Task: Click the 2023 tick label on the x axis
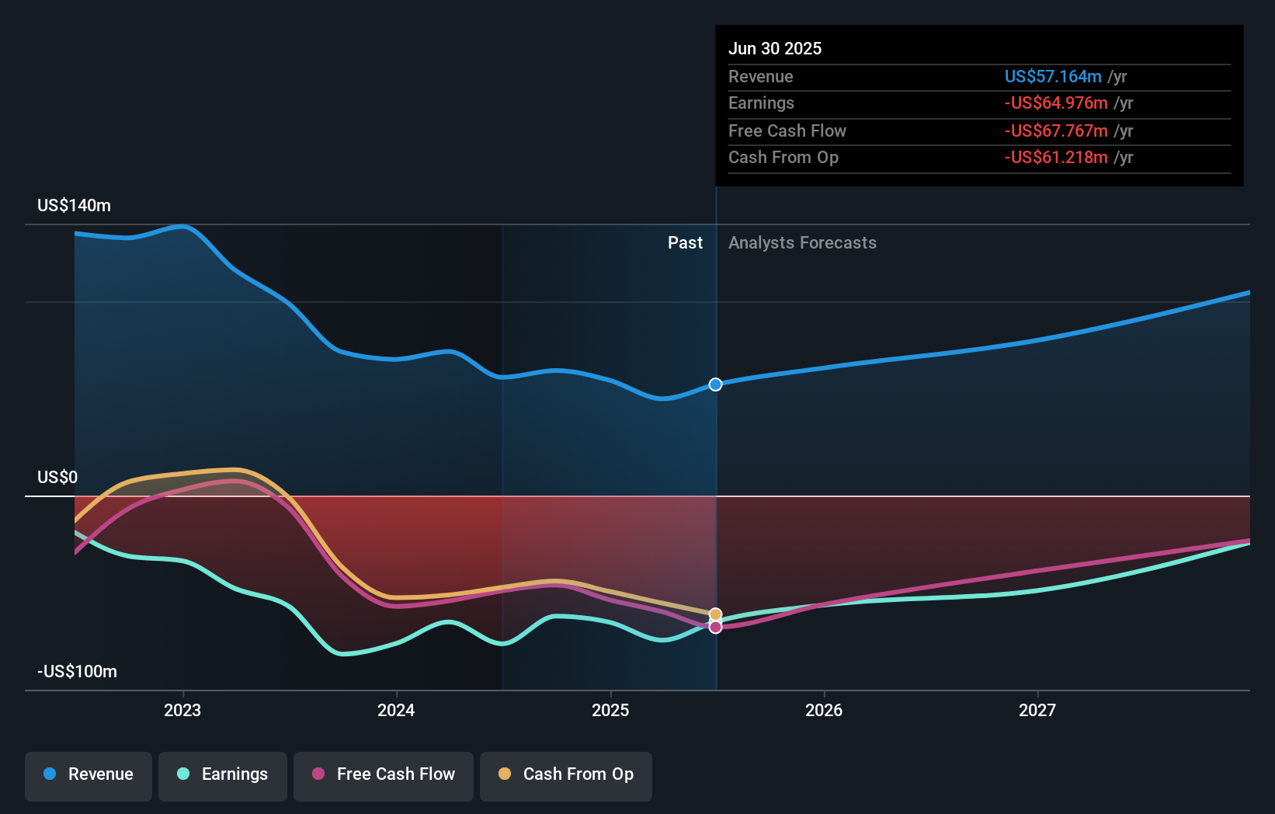tap(182, 711)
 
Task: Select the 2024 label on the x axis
tap(396, 711)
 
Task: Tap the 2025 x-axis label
tap(610, 711)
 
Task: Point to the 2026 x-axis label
tap(824, 711)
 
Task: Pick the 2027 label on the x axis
tap(1037, 711)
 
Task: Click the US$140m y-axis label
tap(74, 206)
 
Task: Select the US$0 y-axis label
tap(57, 477)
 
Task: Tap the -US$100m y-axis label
tap(77, 672)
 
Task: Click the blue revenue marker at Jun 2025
tap(715, 384)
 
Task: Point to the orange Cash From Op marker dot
tap(715, 614)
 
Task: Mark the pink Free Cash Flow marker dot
tap(715, 627)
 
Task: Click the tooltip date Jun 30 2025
tap(775, 48)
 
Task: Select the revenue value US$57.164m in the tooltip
tap(1052, 76)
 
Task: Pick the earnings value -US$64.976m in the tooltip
tap(1056, 103)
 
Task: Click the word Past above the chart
tap(685, 243)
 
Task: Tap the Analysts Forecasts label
tap(802, 243)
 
